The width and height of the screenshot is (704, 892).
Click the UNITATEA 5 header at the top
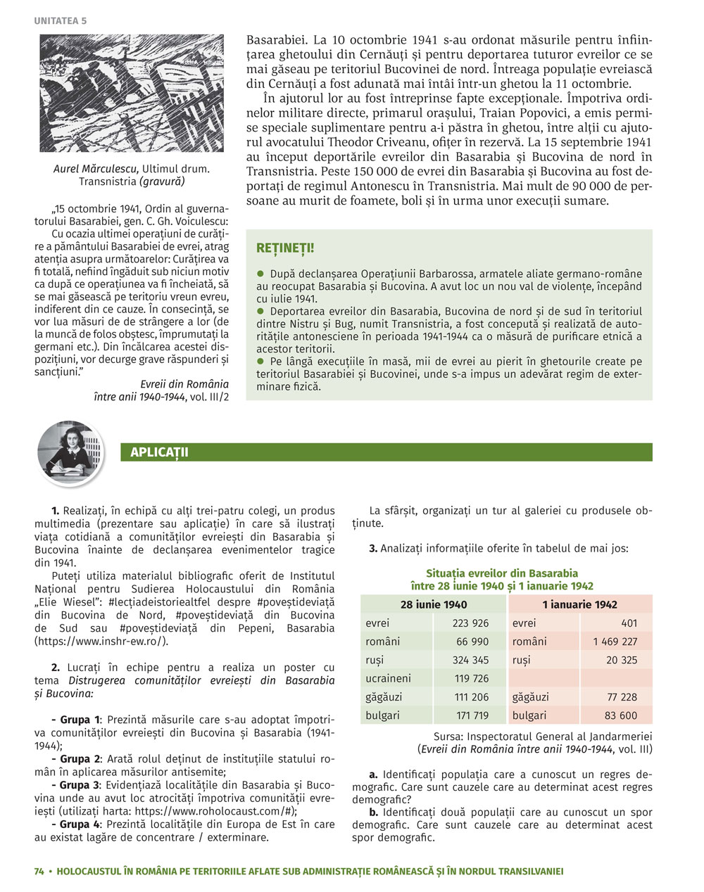point(60,21)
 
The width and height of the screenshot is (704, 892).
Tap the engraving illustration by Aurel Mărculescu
point(131,94)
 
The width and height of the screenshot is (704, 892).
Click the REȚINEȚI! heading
point(285,248)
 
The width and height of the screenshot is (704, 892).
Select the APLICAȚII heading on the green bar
point(159,452)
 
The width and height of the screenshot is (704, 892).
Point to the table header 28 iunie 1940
point(433,604)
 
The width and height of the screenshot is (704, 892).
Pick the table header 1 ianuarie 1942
point(579,604)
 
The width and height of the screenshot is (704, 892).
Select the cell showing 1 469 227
point(615,642)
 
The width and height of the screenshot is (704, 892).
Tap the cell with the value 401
point(629,623)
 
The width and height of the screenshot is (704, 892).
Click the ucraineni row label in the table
point(388,679)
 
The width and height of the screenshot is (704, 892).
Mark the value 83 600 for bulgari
point(620,715)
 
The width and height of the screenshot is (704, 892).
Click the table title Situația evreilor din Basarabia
point(502,573)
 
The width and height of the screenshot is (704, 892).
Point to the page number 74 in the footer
point(39,872)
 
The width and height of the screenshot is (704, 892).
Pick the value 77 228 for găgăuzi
point(620,697)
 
